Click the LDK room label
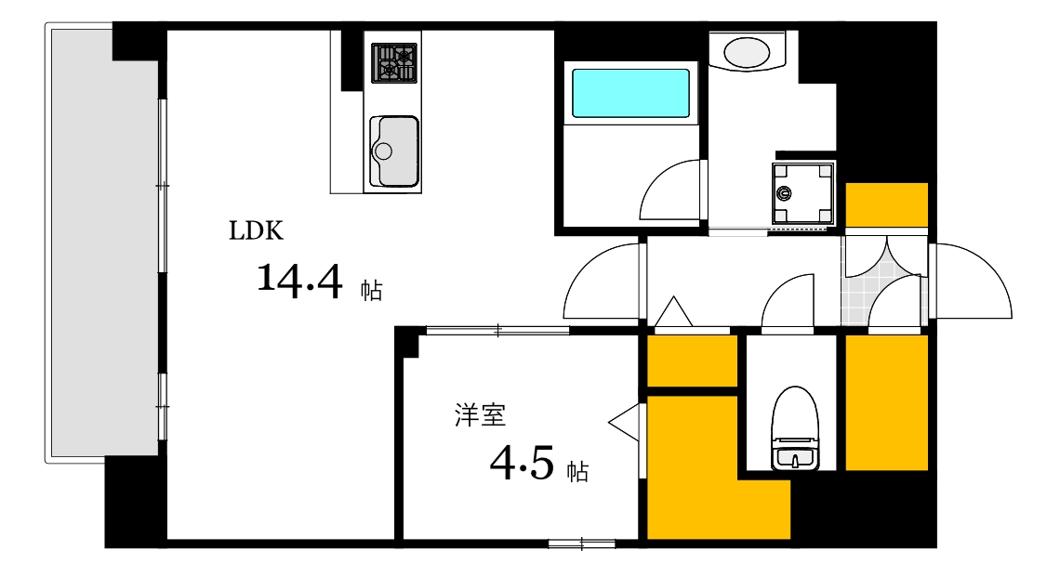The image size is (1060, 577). (256, 231)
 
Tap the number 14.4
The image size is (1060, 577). (299, 280)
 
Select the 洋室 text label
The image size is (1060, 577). (480, 415)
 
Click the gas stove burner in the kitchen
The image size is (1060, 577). (394, 62)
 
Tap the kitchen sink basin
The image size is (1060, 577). (394, 151)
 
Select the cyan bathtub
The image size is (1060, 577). (630, 92)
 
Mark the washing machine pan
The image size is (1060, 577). (802, 194)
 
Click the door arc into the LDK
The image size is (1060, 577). (602, 283)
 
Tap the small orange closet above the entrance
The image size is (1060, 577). (886, 204)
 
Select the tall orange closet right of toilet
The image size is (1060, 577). (886, 402)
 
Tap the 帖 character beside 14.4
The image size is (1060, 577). (371, 291)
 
